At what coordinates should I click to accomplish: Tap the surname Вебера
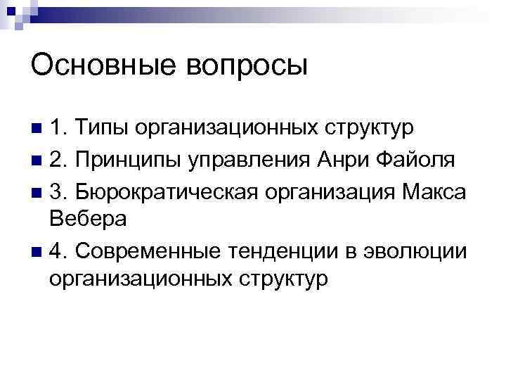point(89,219)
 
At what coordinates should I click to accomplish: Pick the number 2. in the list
point(59,160)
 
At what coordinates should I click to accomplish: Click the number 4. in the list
point(59,249)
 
